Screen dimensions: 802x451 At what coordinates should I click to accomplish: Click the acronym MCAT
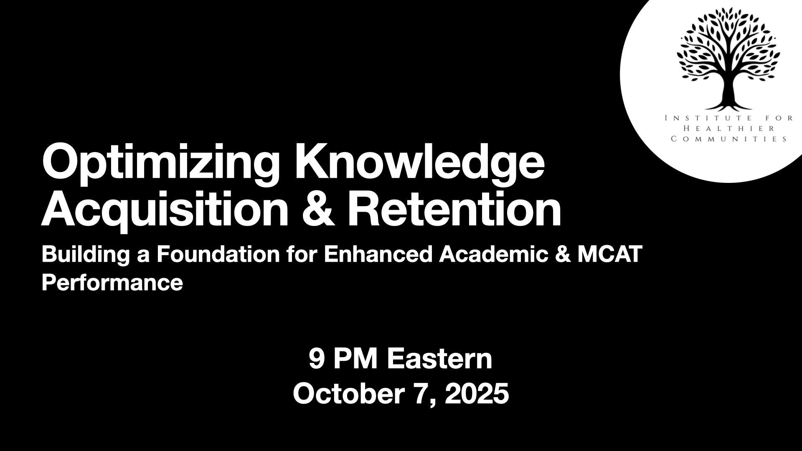coord(609,254)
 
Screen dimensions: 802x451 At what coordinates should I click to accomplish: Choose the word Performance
coord(112,283)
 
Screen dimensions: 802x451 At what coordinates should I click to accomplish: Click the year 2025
coord(477,393)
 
